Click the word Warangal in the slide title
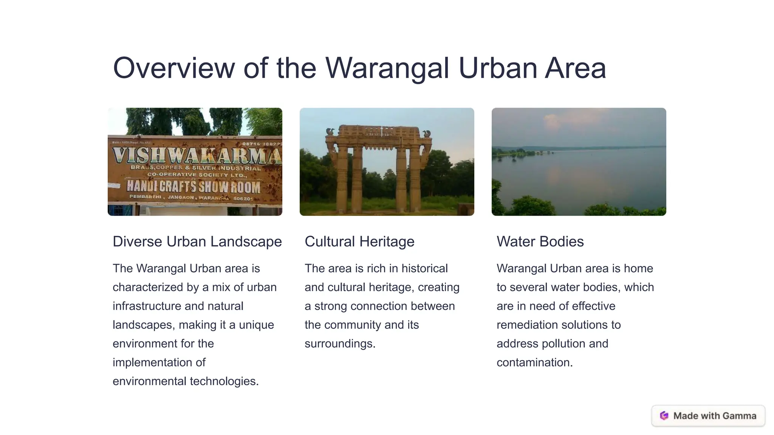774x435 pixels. point(387,68)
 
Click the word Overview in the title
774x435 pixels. point(174,68)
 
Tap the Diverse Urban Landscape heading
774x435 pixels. point(197,242)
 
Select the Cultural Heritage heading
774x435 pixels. point(359,242)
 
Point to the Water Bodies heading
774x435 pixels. point(540,242)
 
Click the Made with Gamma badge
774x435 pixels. point(708,416)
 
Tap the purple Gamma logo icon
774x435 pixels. point(664,416)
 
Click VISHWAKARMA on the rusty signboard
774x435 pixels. point(197,155)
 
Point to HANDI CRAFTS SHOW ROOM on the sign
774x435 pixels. point(193,187)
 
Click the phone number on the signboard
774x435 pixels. point(262,144)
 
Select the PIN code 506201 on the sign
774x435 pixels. point(243,199)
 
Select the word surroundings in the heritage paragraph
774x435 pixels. point(340,344)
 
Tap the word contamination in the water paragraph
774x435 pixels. point(534,362)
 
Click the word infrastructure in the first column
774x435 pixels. point(146,306)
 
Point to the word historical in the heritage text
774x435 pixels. point(424,268)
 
